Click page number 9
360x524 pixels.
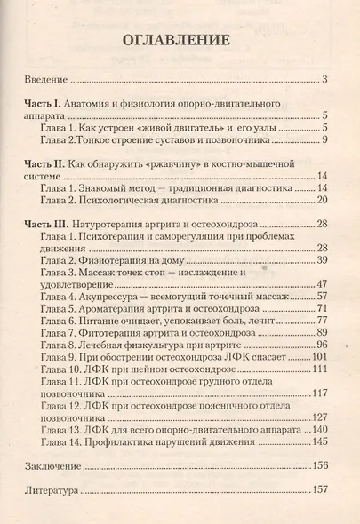click(326, 139)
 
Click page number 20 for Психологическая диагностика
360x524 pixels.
click(323, 201)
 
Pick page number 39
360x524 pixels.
click(323, 258)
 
